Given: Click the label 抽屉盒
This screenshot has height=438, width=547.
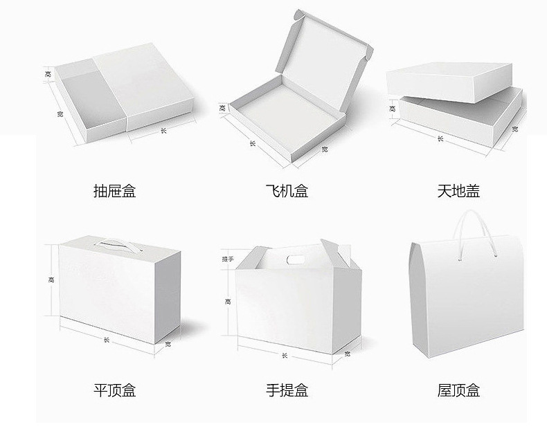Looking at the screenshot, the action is [114, 191].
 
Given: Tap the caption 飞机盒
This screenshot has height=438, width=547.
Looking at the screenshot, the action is [287, 191].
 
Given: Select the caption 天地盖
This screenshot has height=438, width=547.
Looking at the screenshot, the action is [458, 191].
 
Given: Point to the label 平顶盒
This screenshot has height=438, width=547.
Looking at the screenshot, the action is [114, 390].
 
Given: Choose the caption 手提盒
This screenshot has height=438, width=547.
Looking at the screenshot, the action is [287, 390].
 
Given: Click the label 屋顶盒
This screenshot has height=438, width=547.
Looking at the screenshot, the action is [458, 390].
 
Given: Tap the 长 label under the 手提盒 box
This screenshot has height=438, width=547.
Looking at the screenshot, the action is [285, 356].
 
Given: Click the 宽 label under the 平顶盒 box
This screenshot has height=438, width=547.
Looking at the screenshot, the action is [168, 344].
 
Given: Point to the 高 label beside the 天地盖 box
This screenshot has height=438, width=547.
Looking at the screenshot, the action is [393, 109].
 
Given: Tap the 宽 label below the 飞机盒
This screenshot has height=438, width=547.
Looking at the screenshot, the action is [325, 149].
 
